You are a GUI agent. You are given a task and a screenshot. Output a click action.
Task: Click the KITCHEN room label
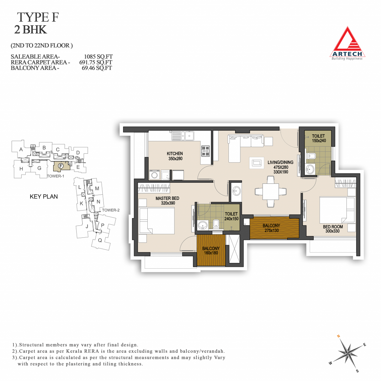pyautogui.click(x=175, y=154)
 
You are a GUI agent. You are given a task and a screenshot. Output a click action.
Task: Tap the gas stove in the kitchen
pyautogui.click(x=205, y=151)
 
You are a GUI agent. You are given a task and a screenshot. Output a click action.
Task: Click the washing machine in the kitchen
pyautogui.click(x=154, y=175)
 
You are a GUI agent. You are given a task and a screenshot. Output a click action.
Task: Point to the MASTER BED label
pyautogui.click(x=167, y=198)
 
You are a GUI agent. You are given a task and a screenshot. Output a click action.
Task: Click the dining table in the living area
pyautogui.click(x=271, y=192)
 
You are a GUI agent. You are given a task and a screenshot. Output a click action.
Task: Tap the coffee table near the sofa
pyautogui.click(x=257, y=163)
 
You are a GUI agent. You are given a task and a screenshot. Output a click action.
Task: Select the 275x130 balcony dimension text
pyautogui.click(x=272, y=230)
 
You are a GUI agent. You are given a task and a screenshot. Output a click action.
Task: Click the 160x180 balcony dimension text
pyautogui.click(x=211, y=253)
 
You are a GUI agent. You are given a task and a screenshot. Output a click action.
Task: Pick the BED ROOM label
pyautogui.click(x=333, y=227)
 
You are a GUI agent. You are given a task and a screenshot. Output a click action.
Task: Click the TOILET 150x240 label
pyautogui.click(x=319, y=138)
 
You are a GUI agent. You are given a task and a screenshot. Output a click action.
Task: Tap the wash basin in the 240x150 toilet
pyautogui.click(x=203, y=225)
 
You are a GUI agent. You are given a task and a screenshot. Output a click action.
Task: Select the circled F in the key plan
pyautogui.click(x=61, y=166)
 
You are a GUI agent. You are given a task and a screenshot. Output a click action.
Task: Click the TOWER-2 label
pyautogui.click(x=111, y=210)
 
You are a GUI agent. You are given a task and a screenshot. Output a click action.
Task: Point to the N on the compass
pyautogui.click(x=338, y=336)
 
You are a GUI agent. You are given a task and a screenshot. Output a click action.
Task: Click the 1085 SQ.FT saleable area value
pyautogui.click(x=98, y=57)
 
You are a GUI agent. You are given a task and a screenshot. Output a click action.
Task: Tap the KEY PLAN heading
pyautogui.click(x=44, y=196)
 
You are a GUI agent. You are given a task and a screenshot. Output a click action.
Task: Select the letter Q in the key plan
pyautogui.click(x=100, y=241)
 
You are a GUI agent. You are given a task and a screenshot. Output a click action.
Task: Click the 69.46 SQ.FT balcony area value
pyautogui.click(x=97, y=68)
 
